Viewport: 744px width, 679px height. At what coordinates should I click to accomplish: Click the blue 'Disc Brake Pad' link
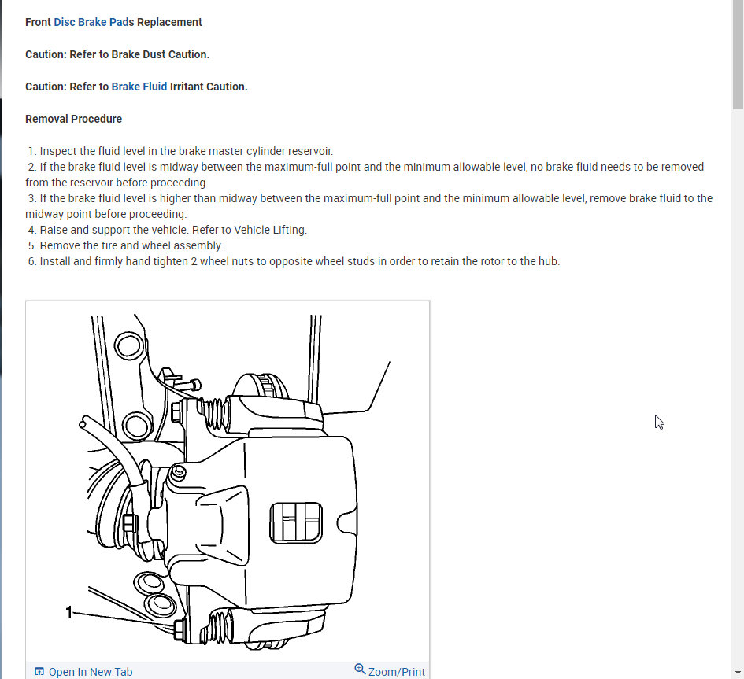click(92, 22)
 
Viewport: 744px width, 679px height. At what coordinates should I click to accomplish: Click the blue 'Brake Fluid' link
click(139, 87)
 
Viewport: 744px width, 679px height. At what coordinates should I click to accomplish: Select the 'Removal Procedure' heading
click(73, 119)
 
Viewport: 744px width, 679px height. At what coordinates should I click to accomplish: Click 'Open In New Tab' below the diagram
click(90, 672)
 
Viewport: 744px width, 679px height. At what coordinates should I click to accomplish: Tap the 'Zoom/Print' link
click(396, 672)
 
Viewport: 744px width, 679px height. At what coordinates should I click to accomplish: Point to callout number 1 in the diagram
click(69, 611)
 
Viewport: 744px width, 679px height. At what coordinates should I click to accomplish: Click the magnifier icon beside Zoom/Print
click(360, 670)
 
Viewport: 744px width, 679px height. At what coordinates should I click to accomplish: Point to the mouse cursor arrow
click(659, 422)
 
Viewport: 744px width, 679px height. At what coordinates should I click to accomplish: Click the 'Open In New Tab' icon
click(39, 672)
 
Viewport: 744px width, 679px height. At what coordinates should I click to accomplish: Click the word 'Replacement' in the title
click(169, 22)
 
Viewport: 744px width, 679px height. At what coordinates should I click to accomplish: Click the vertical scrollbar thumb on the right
click(738, 55)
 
